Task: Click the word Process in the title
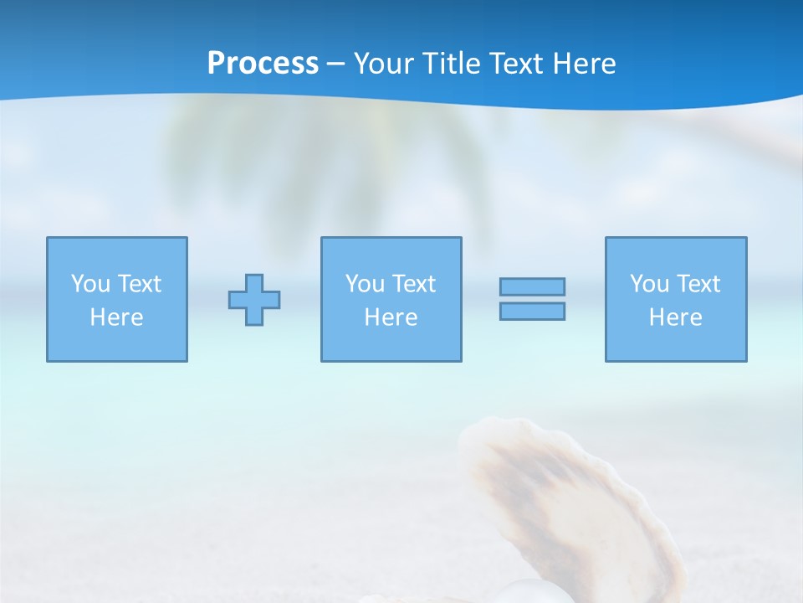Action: [263, 64]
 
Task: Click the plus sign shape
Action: [254, 300]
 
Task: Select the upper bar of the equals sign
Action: [532, 287]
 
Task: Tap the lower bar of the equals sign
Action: [532, 312]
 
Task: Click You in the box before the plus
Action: [90, 284]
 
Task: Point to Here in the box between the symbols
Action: [391, 317]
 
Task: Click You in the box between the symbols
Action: [365, 284]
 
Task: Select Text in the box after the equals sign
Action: [697, 284]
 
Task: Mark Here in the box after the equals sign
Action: [676, 317]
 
